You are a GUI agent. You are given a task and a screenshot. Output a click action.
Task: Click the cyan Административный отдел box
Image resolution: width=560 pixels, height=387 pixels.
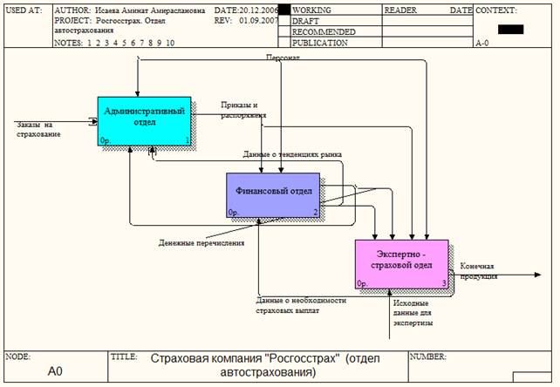tap(144, 118)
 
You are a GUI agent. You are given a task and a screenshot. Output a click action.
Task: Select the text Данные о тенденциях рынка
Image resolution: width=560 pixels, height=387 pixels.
tap(292, 154)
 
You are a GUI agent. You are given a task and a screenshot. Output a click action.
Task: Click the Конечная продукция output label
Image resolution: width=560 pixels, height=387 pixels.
tap(477, 271)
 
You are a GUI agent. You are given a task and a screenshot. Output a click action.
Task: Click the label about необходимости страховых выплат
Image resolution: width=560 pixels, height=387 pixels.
tap(302, 304)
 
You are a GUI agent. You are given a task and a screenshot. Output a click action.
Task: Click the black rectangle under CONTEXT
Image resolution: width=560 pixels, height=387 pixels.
tap(511, 29)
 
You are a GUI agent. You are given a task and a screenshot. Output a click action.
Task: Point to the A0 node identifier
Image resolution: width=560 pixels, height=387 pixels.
tap(55, 371)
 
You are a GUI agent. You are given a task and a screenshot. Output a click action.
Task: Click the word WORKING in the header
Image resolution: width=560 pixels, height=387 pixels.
tap(311, 10)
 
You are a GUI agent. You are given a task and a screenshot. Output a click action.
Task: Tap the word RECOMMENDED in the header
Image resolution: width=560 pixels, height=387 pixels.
tap(324, 31)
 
